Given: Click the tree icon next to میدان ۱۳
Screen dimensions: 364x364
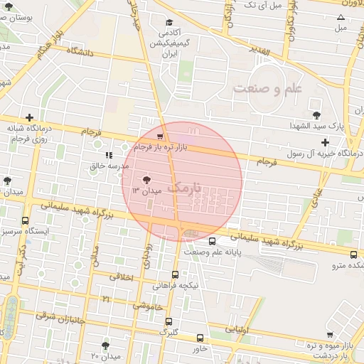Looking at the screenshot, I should tap(146, 180).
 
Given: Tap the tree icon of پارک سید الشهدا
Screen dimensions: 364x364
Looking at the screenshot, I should tap(316, 114).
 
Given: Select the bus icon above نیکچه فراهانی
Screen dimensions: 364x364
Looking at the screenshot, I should tap(176, 274).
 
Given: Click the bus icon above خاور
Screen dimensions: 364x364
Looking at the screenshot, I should tap(200, 338).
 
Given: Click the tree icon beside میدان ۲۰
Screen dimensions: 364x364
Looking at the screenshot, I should tap(105, 346).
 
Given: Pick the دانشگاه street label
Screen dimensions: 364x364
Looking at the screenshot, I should tap(81, 51).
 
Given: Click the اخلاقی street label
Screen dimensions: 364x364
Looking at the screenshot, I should tap(122, 277).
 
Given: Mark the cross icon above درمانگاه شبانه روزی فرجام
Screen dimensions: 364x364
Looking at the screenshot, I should tap(29, 117).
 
